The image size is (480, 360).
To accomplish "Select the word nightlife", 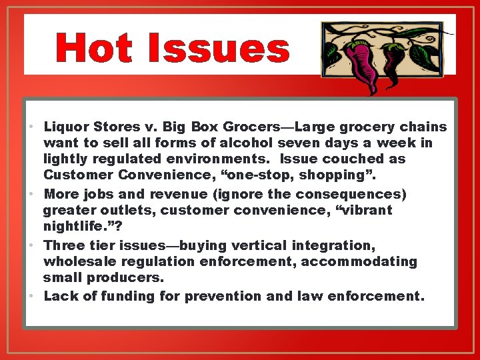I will (79, 227).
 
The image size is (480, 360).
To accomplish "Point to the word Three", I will (64, 245).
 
